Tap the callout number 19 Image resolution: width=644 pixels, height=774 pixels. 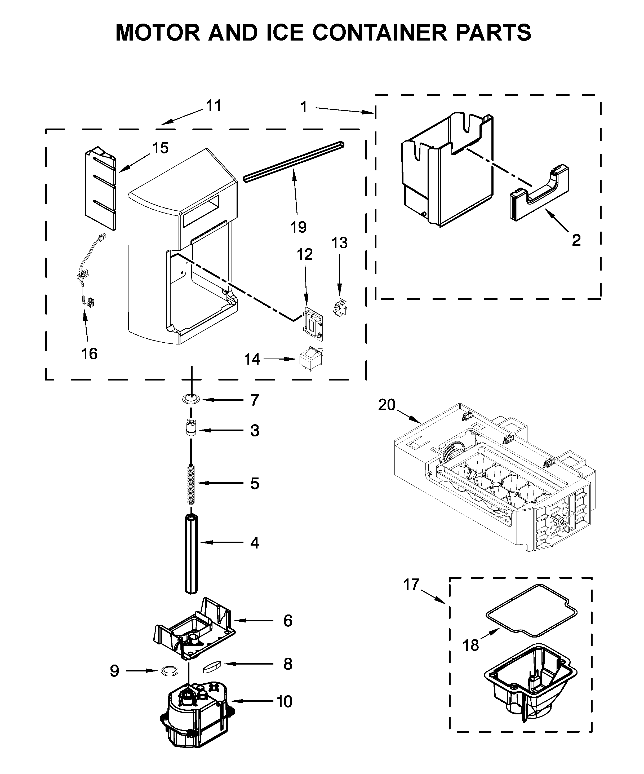[298, 227]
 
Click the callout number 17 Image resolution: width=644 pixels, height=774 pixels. [411, 585]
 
